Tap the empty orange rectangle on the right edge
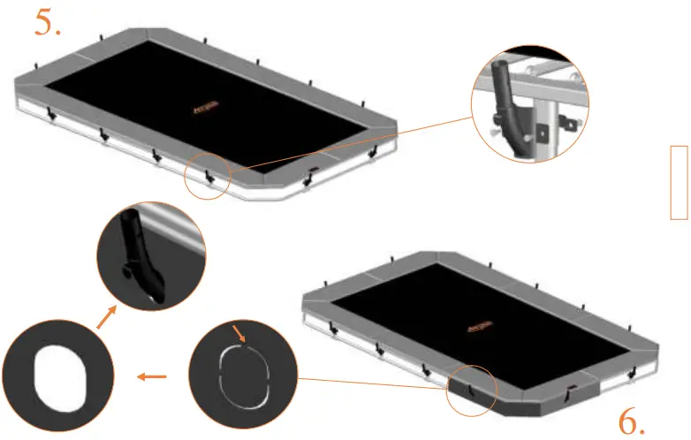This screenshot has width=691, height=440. pyautogui.click(x=679, y=182)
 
